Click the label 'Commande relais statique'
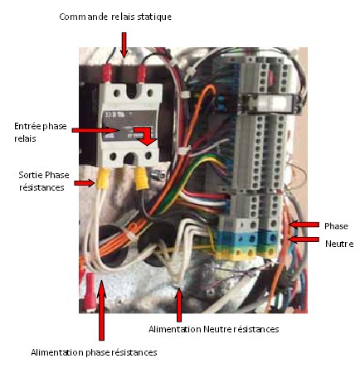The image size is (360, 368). tap(115, 17)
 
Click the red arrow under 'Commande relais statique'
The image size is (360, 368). tap(124, 45)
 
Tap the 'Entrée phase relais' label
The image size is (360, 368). tap(41, 132)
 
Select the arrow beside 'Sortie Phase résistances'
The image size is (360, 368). tap(85, 182)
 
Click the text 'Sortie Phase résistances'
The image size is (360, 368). tap(44, 181)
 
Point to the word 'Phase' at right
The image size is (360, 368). tap(336, 226)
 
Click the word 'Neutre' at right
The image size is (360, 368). tap(339, 244)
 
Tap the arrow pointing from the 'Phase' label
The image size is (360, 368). tap(304, 225)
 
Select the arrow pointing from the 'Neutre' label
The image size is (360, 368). tap(304, 240)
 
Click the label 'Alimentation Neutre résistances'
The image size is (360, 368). tap(214, 329)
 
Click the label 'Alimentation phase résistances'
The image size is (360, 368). tap(94, 352)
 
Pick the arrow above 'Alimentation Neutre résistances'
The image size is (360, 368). tap(179, 305)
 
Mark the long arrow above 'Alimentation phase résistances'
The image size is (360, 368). tap(102, 310)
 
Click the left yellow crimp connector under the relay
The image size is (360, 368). tap(102, 178)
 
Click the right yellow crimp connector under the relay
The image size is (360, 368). tap(142, 179)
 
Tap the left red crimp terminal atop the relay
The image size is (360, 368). tap(106, 73)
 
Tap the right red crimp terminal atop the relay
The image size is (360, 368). tap(141, 74)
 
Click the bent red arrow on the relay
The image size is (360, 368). tap(146, 136)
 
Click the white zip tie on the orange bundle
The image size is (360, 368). tap(131, 235)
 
